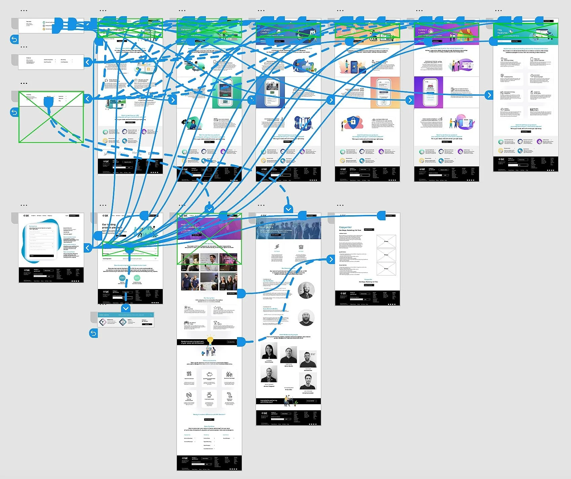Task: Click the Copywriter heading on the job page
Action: (345, 227)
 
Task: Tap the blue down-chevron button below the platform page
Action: (126, 308)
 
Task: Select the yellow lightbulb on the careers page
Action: (210, 340)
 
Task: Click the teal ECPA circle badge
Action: (122, 278)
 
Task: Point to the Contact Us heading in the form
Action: (33, 226)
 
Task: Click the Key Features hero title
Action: (502, 31)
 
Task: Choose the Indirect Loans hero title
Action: (423, 31)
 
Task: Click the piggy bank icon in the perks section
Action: (209, 374)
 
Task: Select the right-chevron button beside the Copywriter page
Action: (331, 259)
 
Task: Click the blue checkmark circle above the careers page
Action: (209, 209)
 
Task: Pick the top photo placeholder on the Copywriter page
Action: (386, 241)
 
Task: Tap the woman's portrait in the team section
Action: (269, 352)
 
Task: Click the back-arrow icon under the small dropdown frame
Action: (93, 333)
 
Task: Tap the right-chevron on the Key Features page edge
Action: (489, 95)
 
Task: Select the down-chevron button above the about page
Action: (288, 209)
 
